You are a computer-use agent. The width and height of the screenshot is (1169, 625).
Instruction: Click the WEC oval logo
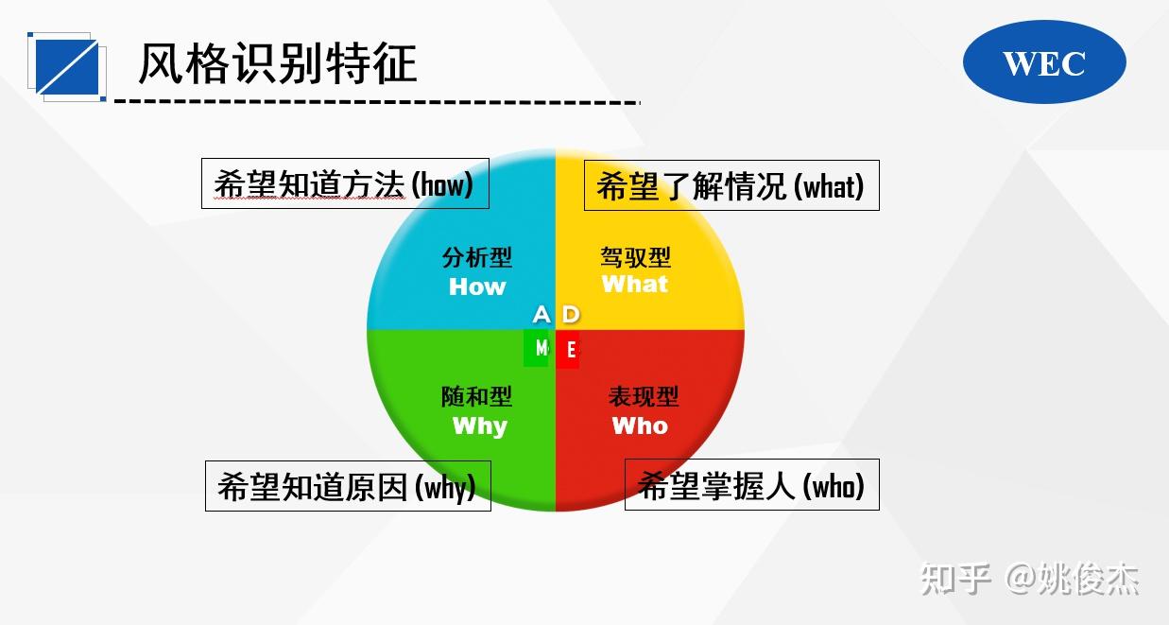[1044, 62]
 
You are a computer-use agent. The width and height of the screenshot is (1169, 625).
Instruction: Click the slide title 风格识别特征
[278, 63]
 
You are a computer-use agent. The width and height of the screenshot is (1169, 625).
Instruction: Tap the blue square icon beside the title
[67, 66]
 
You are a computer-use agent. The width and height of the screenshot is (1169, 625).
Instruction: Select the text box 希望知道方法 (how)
[345, 183]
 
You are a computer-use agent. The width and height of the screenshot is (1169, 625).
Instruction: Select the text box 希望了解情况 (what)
[731, 185]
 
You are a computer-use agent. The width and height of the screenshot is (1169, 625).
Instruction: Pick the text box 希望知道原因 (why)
[348, 486]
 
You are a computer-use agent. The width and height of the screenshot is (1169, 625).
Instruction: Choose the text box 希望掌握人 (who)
[752, 485]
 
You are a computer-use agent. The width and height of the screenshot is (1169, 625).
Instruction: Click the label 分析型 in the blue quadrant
[477, 257]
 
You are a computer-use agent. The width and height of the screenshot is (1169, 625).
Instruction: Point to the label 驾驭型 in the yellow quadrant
[635, 256]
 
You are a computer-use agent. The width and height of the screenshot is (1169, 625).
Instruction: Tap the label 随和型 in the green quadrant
[477, 397]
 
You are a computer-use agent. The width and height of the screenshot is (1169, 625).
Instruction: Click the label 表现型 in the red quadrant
[643, 396]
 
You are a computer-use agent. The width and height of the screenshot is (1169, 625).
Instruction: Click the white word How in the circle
[477, 286]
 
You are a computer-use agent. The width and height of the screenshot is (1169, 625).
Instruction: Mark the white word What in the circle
[635, 284]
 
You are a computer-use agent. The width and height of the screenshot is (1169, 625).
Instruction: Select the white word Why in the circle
[480, 425]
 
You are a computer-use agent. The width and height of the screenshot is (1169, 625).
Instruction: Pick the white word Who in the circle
[640, 425]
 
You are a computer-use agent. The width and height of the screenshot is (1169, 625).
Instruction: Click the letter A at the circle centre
[541, 314]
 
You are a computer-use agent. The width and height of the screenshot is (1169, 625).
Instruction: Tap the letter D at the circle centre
[571, 314]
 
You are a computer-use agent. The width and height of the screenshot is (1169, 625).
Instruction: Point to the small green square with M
[537, 348]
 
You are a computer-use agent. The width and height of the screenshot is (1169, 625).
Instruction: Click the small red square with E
[568, 350]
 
